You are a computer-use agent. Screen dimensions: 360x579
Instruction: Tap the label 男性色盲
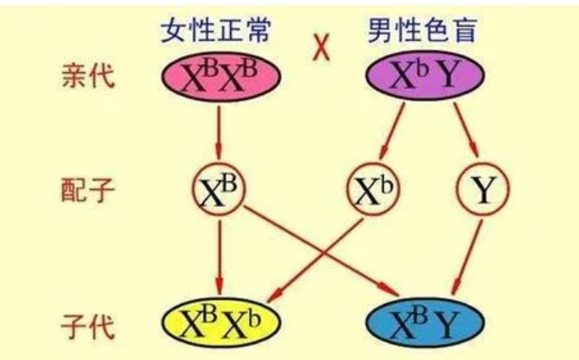point(422,32)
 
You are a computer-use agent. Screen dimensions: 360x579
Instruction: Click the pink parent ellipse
point(220,78)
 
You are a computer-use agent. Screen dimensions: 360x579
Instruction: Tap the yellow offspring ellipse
point(222,324)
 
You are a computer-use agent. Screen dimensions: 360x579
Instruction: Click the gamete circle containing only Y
point(484,191)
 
